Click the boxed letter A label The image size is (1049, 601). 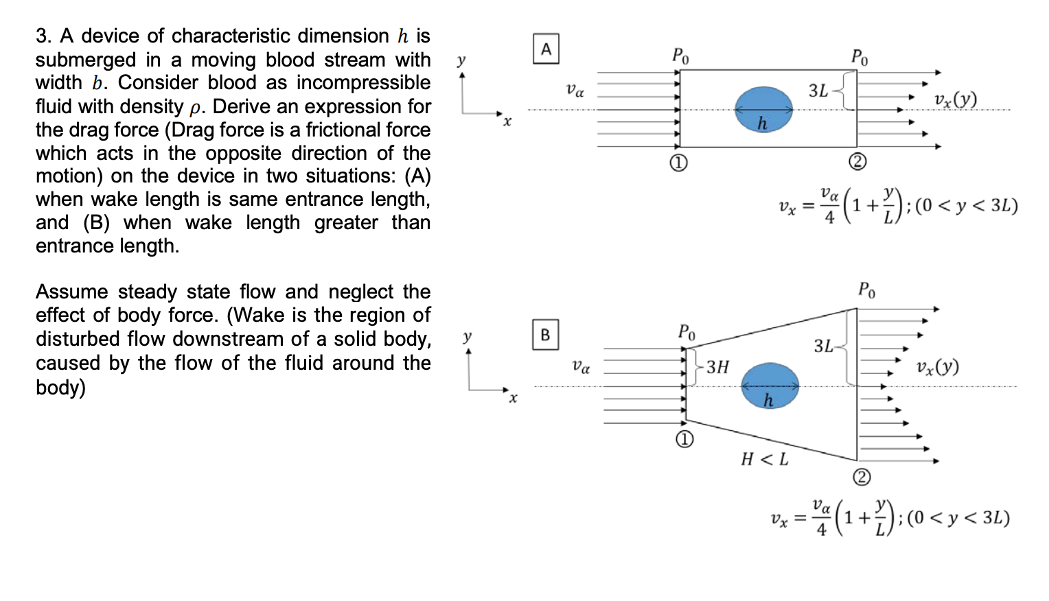tap(546, 49)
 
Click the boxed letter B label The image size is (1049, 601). tap(545, 335)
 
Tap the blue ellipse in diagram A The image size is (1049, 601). tap(763, 109)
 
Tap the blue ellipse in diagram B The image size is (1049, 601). tap(770, 386)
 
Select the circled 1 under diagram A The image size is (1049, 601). tap(678, 163)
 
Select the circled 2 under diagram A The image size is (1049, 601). tap(857, 162)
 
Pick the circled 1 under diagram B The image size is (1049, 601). tap(684, 440)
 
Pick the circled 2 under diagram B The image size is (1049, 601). tap(862, 477)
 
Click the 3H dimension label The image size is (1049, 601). tap(717, 367)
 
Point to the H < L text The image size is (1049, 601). tap(764, 459)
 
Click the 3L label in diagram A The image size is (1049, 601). tap(818, 91)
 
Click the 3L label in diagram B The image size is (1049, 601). tap(824, 346)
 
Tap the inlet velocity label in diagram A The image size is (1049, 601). tap(575, 90)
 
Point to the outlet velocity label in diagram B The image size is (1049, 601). tap(938, 367)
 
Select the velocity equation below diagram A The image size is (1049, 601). tap(898, 206)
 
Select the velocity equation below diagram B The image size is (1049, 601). tap(890, 517)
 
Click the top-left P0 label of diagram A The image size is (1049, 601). tap(680, 56)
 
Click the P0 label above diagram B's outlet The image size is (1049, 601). tap(866, 290)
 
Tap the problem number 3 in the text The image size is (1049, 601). tap(41, 36)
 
